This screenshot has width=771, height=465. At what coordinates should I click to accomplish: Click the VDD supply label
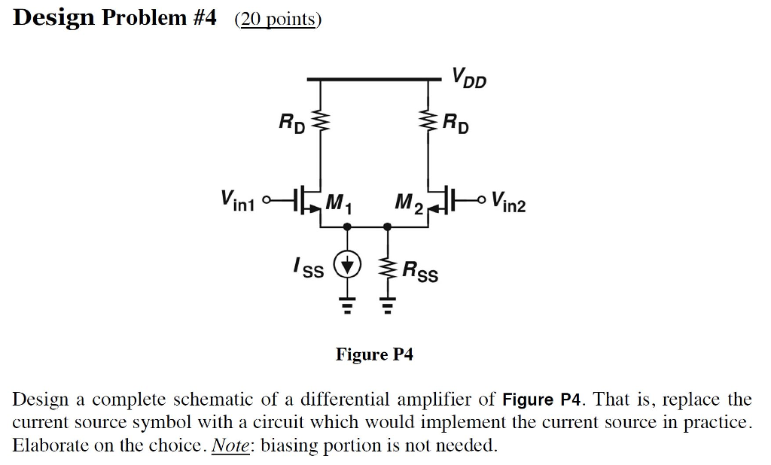click(x=468, y=77)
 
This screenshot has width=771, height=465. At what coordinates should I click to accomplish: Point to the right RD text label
click(x=456, y=122)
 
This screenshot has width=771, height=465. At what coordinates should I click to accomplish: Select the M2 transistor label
click(x=409, y=202)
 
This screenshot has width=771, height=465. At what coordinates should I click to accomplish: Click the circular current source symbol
click(x=348, y=265)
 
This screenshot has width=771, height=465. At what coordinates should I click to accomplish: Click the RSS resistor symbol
click(x=388, y=267)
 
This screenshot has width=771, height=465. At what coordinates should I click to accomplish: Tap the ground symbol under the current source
click(x=348, y=305)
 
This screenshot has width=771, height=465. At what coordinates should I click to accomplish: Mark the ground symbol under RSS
click(x=388, y=305)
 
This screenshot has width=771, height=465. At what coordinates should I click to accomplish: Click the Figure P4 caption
click(x=374, y=354)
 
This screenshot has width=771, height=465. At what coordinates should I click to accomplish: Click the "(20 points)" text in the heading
click(x=278, y=19)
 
